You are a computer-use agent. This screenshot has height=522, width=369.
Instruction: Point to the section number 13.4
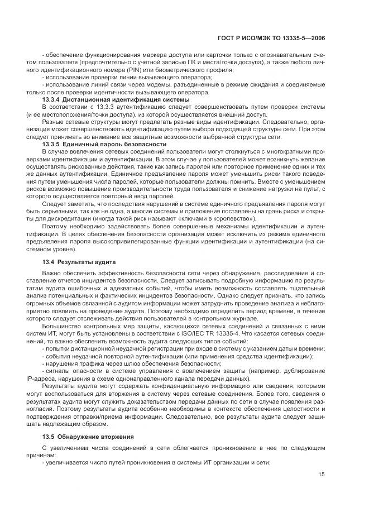[49, 262]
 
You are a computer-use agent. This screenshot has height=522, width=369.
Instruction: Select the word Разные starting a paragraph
[52, 121]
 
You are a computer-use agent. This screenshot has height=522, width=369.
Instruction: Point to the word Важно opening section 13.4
[51, 274]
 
